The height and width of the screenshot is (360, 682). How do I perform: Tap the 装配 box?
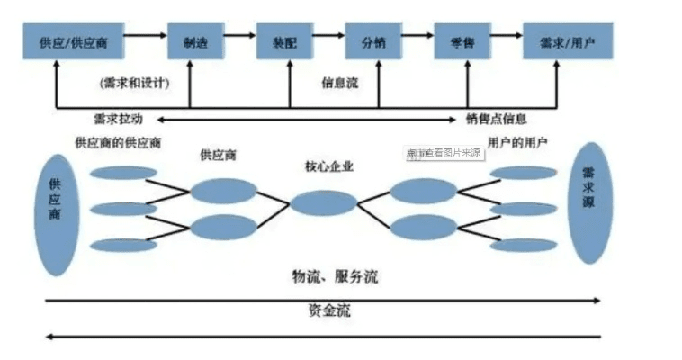click(x=283, y=41)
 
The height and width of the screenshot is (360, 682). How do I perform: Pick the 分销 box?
click(x=372, y=41)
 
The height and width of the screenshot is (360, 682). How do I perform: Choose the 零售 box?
click(x=462, y=41)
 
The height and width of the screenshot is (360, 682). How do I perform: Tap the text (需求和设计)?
click(x=135, y=83)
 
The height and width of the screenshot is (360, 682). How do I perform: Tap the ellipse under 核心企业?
click(x=322, y=203)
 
